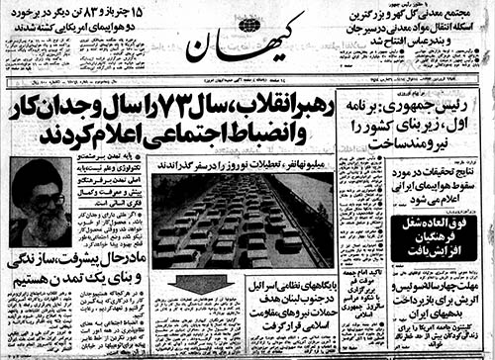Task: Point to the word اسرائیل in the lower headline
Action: [x=269, y=288]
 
